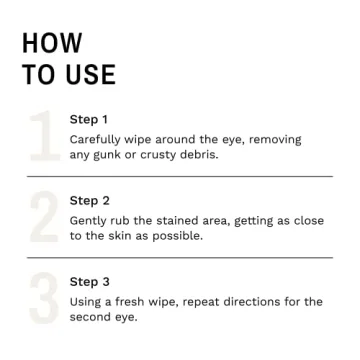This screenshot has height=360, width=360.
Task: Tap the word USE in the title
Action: pos(90,75)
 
